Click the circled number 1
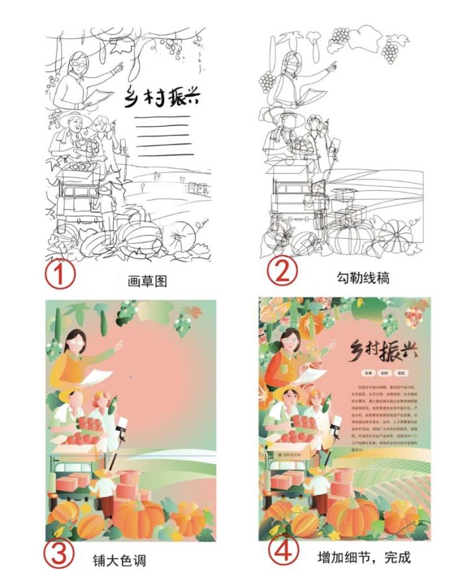point(60,275)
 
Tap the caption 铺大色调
point(120,559)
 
